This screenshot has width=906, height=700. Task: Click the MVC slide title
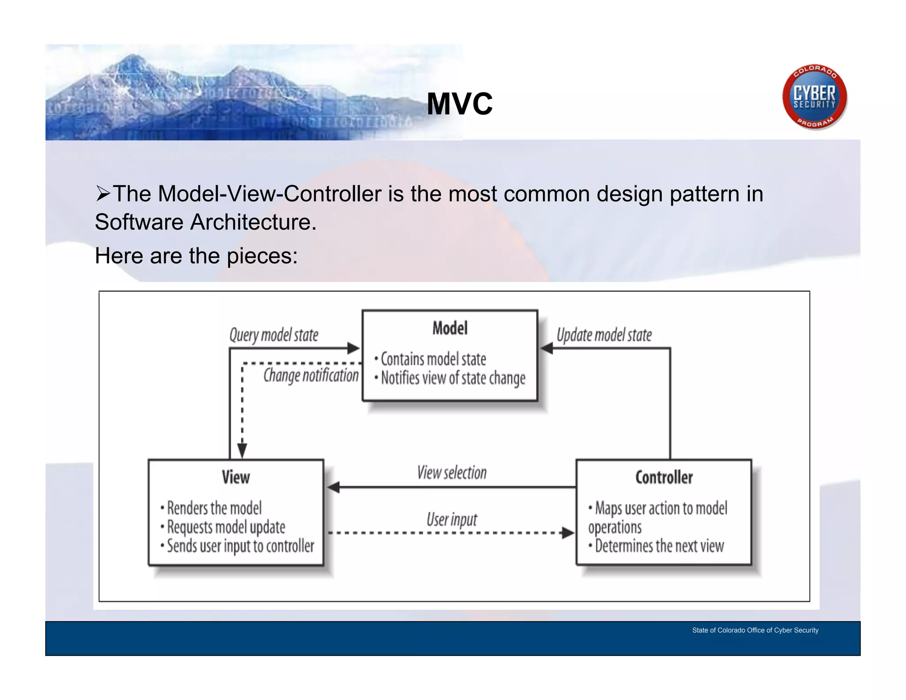click(460, 104)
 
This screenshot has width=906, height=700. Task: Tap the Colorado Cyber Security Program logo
click(814, 97)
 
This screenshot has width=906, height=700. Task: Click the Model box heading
click(450, 328)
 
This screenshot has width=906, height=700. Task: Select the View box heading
click(236, 477)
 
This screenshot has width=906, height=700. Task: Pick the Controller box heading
click(664, 477)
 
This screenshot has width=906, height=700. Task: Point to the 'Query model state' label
click(274, 335)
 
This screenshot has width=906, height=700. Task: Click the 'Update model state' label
click(604, 335)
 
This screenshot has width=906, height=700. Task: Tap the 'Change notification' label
click(311, 375)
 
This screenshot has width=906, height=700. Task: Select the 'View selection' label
click(452, 473)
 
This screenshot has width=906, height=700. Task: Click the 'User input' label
click(452, 519)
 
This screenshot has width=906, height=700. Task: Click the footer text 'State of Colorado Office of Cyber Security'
click(755, 630)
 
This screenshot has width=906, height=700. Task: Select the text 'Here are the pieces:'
click(196, 256)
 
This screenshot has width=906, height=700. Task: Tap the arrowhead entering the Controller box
click(568, 533)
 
